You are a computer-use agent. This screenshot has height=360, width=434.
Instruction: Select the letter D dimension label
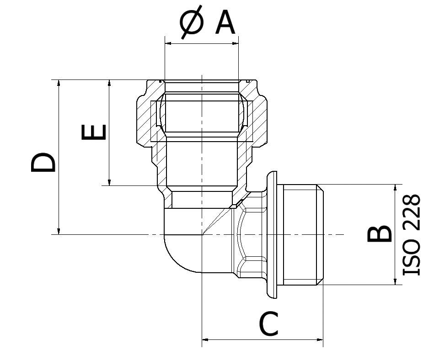coord(43,163)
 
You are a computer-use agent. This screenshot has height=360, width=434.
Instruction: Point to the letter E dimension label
coord(94,132)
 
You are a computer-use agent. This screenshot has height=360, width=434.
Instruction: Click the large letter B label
coord(380,233)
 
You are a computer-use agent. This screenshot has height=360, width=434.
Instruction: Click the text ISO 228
coord(411,234)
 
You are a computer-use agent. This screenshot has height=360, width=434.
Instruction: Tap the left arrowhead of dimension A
coord(168,43)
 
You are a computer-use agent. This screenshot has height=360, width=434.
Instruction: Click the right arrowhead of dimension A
coord(235,43)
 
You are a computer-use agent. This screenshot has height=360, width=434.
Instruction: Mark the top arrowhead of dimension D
coord(59,84)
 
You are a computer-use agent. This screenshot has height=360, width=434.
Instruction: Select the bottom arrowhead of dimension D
coord(59,231)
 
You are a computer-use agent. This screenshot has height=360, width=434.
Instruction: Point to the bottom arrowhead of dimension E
coord(109,182)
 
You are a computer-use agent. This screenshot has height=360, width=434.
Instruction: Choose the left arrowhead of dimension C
coord(206,339)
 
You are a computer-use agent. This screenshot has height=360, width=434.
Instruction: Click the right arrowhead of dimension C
coord(320,339)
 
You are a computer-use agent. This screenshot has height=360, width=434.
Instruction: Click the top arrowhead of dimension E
coord(109,84)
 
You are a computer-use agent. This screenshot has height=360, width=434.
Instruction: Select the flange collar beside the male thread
coord(272,234)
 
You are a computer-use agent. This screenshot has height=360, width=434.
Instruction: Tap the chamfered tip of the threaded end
coord(320,234)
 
